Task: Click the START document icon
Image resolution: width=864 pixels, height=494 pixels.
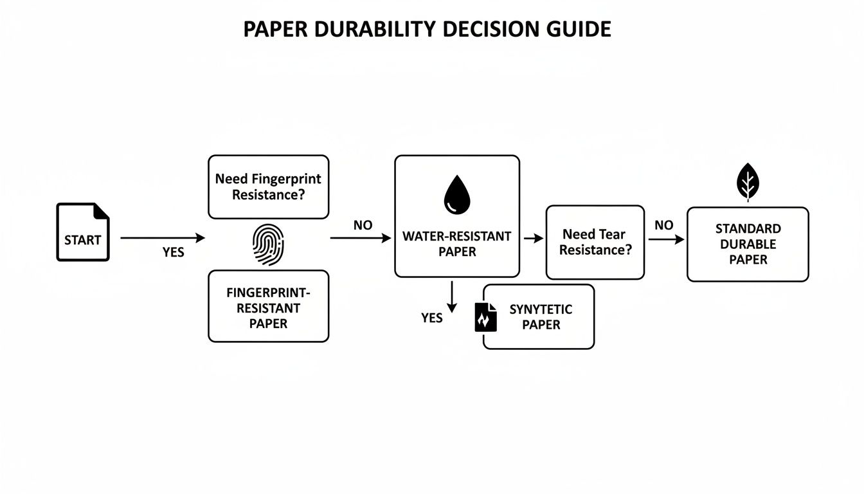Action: tap(82, 232)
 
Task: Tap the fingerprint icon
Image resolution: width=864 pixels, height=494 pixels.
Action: tap(268, 244)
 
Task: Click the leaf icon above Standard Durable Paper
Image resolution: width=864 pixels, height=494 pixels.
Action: tap(747, 182)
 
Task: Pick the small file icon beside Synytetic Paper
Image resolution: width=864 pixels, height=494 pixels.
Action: tap(486, 317)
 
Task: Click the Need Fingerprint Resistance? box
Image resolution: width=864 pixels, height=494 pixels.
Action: tap(268, 187)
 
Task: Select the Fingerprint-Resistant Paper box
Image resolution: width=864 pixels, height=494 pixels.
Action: tap(268, 306)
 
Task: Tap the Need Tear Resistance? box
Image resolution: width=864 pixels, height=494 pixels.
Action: tap(595, 242)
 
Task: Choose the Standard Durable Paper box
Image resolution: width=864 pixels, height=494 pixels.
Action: tap(748, 244)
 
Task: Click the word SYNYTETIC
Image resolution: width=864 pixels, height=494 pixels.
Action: tap(541, 309)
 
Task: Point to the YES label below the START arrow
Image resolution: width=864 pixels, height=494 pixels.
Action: tap(174, 253)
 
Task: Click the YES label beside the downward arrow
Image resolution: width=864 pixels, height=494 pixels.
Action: tap(432, 318)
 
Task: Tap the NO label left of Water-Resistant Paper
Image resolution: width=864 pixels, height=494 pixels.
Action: tap(363, 226)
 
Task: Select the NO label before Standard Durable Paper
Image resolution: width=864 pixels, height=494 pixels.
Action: tap(663, 225)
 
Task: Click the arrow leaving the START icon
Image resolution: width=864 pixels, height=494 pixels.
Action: tap(163, 238)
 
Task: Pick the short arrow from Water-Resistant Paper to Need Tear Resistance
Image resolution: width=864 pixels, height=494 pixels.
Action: tap(534, 239)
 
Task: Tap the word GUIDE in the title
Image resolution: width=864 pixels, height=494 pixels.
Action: tap(580, 30)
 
